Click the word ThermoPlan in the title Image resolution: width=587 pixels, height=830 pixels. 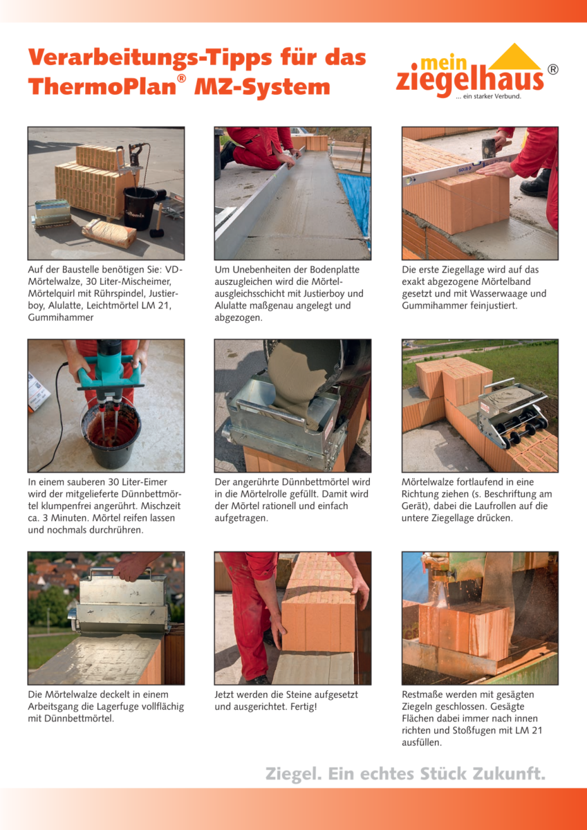[102, 87]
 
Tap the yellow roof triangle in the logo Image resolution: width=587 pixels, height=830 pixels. [514, 57]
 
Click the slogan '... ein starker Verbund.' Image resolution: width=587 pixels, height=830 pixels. [489, 97]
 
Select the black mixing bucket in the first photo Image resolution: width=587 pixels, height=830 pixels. [140, 208]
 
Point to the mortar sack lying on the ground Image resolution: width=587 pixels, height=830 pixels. [109, 233]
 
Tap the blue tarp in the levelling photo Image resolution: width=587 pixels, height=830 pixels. [355, 199]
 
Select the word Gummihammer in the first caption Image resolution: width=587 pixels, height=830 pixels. [61, 317]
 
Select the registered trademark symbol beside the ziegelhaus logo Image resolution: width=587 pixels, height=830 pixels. [553, 70]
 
